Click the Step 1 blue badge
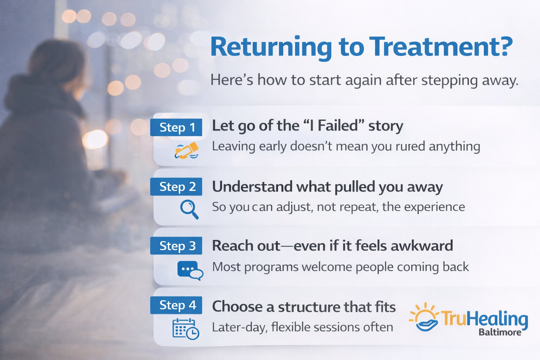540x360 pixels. [x=176, y=127]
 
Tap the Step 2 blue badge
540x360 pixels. [x=176, y=187]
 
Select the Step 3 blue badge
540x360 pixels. [x=176, y=246]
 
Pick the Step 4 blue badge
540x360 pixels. [x=176, y=305]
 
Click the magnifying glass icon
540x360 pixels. [x=189, y=209]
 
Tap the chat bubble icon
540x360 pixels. [x=190, y=270]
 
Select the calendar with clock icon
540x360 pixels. [x=186, y=329]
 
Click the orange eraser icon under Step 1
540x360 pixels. [x=187, y=150]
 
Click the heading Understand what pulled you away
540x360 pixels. [x=327, y=187]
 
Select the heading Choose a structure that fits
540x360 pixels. [x=304, y=307]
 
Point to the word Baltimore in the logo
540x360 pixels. [x=500, y=332]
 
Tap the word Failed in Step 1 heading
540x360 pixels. [x=337, y=126]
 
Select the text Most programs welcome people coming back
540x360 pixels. [x=340, y=267]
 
